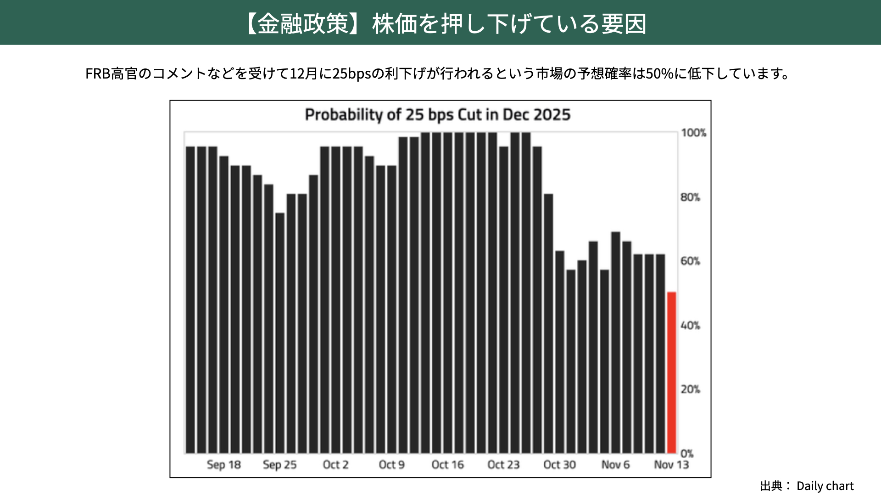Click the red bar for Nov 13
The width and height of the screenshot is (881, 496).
pos(671,372)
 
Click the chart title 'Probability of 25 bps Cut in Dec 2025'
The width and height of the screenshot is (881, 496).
pos(437,115)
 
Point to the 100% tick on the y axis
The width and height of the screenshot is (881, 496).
pos(693,133)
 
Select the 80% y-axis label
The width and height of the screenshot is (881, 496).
pos(690,197)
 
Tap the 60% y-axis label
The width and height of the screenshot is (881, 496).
pos(690,261)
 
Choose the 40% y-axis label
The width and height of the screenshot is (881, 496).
pos(690,326)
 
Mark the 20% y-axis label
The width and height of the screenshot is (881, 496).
pos(690,389)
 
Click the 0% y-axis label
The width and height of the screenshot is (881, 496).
pos(687,454)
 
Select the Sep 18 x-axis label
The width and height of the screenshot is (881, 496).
pos(223,465)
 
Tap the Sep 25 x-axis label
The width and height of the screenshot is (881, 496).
pos(279,465)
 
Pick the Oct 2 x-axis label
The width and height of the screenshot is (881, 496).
pos(335,465)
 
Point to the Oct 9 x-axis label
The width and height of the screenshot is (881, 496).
pos(391,465)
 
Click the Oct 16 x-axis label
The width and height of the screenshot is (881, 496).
pos(447,465)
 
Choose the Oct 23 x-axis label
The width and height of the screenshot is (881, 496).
pos(503,465)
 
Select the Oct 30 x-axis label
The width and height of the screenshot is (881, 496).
pos(559,465)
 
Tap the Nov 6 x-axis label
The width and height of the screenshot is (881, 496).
pos(615,465)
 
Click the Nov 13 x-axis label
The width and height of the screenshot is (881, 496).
pos(671,465)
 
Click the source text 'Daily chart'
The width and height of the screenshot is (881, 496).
pos(825,486)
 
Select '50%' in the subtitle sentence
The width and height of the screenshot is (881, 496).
pos(659,73)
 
